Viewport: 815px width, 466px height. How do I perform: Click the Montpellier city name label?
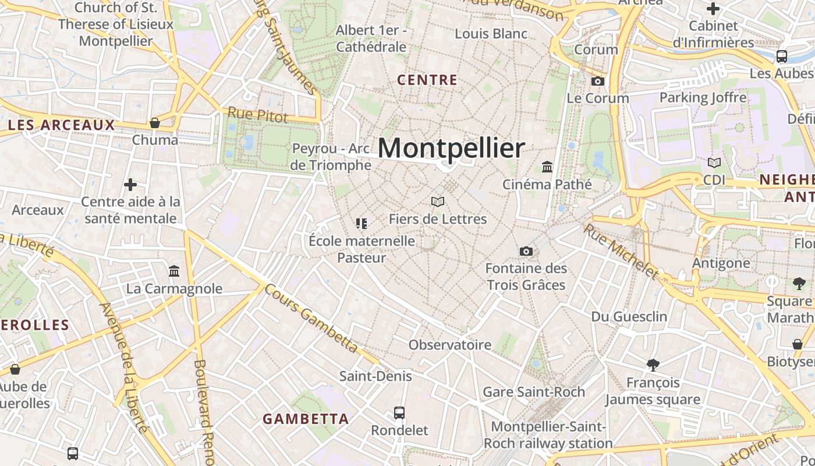(x=451, y=148)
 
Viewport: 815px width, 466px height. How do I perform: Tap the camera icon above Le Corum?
(x=598, y=81)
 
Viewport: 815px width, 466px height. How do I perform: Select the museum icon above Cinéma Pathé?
(x=547, y=167)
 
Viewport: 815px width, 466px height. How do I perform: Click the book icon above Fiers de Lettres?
(x=438, y=202)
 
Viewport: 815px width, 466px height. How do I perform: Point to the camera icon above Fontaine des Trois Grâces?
(x=526, y=251)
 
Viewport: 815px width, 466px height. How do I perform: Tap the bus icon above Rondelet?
(x=399, y=413)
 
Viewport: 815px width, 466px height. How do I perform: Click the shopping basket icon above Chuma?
(x=155, y=123)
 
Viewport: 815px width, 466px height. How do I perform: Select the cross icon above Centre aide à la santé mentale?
(x=130, y=185)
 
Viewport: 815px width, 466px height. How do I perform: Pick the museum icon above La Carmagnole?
(x=174, y=271)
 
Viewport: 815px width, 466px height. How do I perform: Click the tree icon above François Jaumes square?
(x=653, y=365)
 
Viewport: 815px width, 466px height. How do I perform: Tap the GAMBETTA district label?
(x=306, y=419)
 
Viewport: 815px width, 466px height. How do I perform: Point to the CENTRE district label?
(x=427, y=80)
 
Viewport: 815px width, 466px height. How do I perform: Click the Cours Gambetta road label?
(x=311, y=318)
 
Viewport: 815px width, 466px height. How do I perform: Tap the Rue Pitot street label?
(x=257, y=115)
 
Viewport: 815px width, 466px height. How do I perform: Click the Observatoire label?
(x=450, y=345)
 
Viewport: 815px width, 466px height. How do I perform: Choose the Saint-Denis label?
(x=375, y=376)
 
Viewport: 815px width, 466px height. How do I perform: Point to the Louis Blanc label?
(x=491, y=33)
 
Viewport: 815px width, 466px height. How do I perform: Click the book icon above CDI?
(x=714, y=163)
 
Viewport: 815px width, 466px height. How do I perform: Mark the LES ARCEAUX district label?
(x=62, y=125)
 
